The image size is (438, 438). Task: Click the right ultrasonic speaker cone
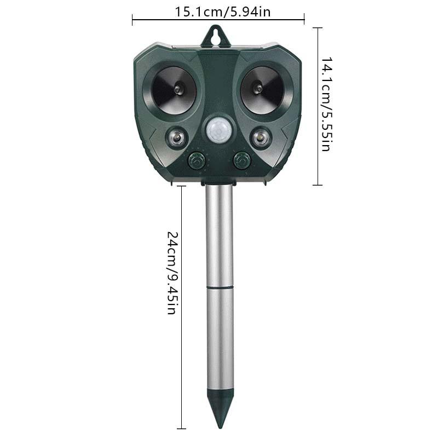point(262,88)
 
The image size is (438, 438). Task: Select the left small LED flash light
point(176,136)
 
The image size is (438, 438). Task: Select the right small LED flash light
point(260,136)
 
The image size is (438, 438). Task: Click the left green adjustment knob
point(197,161)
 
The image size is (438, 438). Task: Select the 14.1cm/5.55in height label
point(326,104)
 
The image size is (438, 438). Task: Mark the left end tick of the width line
point(132,20)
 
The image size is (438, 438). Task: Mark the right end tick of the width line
point(304,20)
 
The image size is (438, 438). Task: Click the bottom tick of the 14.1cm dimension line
point(317,185)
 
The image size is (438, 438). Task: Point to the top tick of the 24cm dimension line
point(181,186)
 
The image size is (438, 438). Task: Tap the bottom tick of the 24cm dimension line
point(181,428)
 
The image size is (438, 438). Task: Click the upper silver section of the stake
point(220,235)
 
